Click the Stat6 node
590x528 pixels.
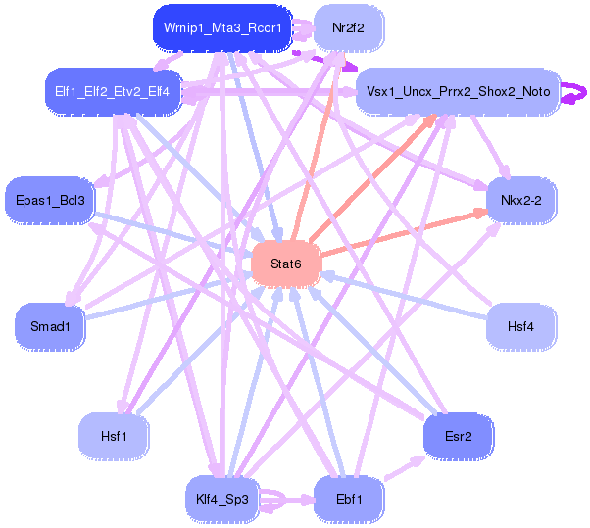pos(285,264)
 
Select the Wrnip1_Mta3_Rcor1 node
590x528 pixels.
pos(222,28)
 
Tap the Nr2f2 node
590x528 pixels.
pos(349,28)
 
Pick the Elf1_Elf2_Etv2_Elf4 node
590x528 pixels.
pos(112,92)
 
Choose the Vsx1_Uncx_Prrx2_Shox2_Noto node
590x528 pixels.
pos(459,92)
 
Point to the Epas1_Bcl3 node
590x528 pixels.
pos(50,201)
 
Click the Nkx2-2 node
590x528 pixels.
pos(521,201)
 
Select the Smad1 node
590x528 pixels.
pos(50,326)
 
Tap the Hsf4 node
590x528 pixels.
pos(521,326)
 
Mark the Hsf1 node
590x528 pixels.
pos(114,436)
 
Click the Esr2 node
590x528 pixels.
pos(459,436)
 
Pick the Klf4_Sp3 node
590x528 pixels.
pos(222,500)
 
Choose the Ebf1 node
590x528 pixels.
pos(349,500)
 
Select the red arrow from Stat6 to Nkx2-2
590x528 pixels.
pos(404,233)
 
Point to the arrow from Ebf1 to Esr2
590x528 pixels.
pos(405,468)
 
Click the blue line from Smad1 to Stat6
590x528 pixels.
pos(169,296)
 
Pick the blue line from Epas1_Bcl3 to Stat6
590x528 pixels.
pos(173,233)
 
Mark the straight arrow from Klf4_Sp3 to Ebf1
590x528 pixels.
pos(287,500)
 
